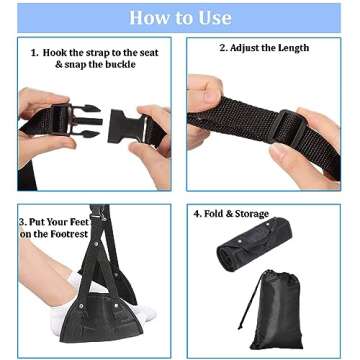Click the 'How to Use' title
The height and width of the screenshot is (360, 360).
coord(180,18)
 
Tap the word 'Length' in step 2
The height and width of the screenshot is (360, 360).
coord(290,48)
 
